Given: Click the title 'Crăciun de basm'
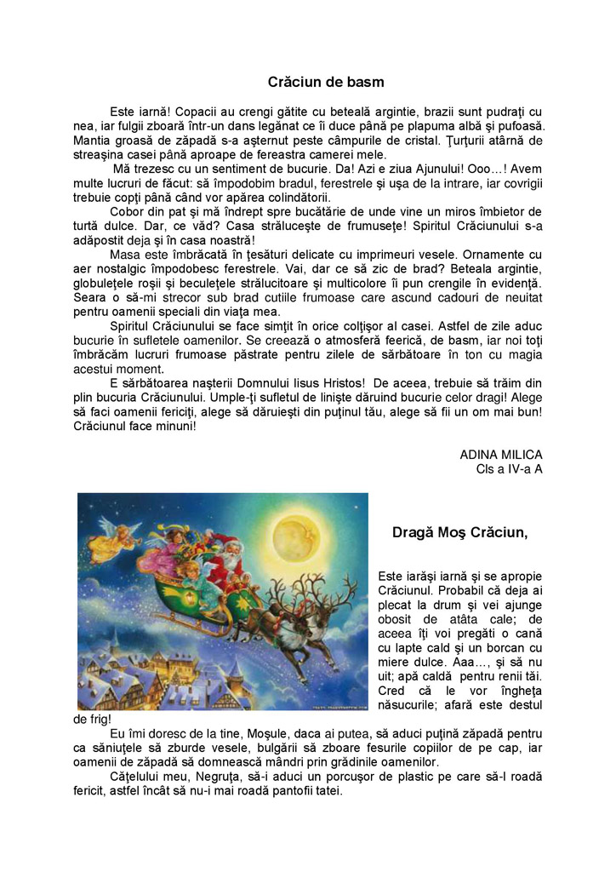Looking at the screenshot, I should (x=326, y=83).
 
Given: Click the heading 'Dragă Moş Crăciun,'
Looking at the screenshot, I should (x=459, y=533).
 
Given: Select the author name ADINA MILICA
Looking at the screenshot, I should (x=500, y=455).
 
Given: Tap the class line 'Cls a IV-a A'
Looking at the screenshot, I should (x=509, y=468).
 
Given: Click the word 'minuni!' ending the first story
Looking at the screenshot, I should (x=171, y=426).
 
